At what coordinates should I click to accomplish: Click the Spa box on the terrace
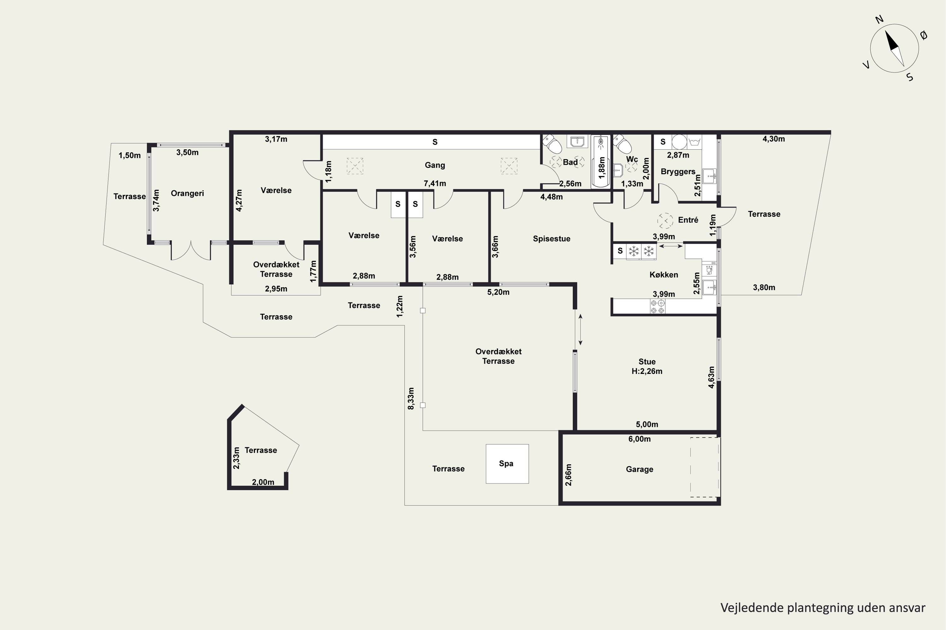click(x=507, y=464)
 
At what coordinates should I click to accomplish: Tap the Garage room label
click(x=639, y=469)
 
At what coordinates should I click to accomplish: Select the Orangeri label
click(x=187, y=193)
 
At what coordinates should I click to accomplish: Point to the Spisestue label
click(x=552, y=239)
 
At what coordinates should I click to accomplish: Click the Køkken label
click(x=664, y=275)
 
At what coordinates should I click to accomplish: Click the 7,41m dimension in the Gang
click(x=435, y=184)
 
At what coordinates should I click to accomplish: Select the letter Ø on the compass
click(x=924, y=35)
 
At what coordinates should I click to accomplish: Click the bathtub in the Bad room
click(x=601, y=162)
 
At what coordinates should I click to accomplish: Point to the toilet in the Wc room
click(x=622, y=144)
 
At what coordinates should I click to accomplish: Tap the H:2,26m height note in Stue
click(x=647, y=371)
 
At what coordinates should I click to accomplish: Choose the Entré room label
click(x=688, y=220)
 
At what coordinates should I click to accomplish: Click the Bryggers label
click(x=678, y=172)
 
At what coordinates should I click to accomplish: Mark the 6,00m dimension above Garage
click(x=639, y=439)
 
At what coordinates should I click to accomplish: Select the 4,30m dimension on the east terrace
click(x=774, y=139)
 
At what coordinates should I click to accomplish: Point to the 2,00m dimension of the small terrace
click(x=263, y=482)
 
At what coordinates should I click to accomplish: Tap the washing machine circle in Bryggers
click(x=679, y=142)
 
